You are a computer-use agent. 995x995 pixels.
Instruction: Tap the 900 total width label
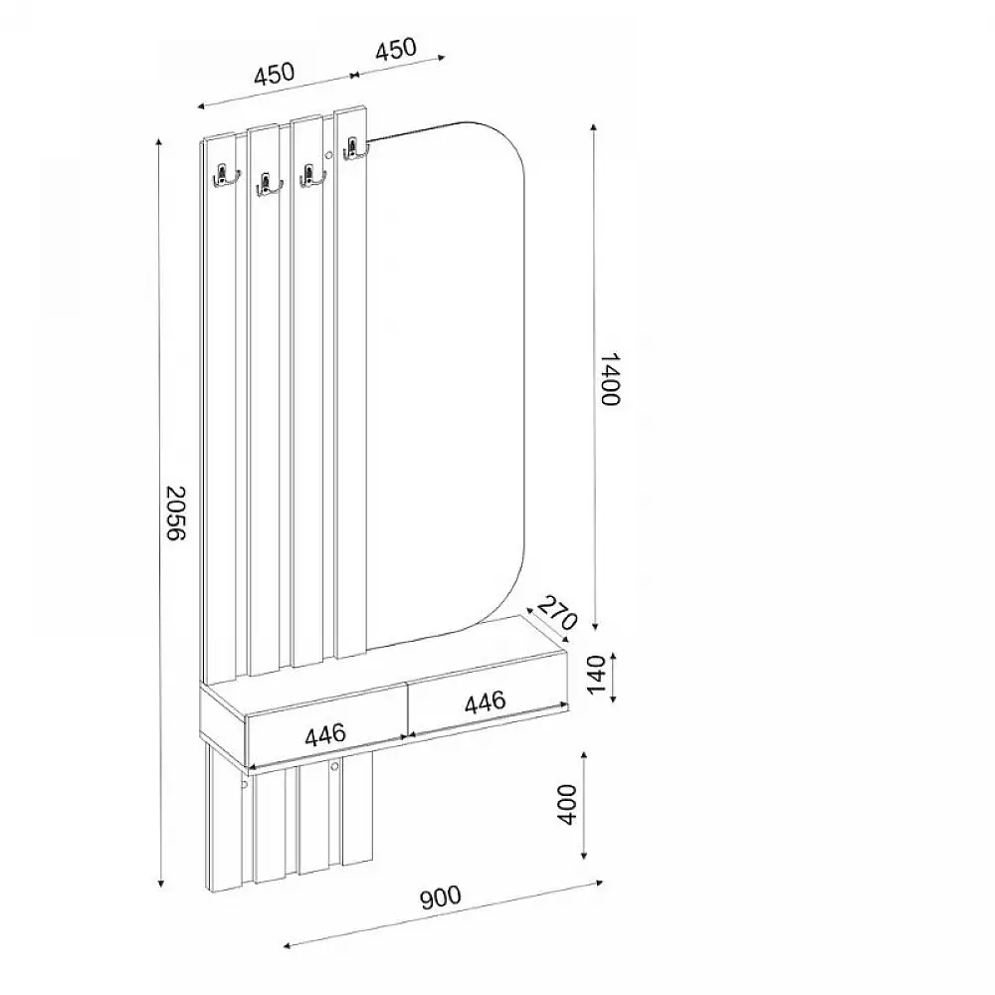pos(441,898)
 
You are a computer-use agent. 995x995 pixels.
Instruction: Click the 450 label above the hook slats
pos(274,75)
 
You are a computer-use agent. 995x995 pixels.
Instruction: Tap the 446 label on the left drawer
pos(325,734)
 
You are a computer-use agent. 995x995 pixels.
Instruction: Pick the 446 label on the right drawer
pos(486,701)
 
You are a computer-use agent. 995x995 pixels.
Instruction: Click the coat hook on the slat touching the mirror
pos(352,149)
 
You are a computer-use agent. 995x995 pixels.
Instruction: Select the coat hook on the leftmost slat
pos(224,177)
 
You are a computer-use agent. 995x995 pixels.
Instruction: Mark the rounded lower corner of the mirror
pos(507,587)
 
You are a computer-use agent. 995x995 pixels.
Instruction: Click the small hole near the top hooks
pos(327,154)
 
